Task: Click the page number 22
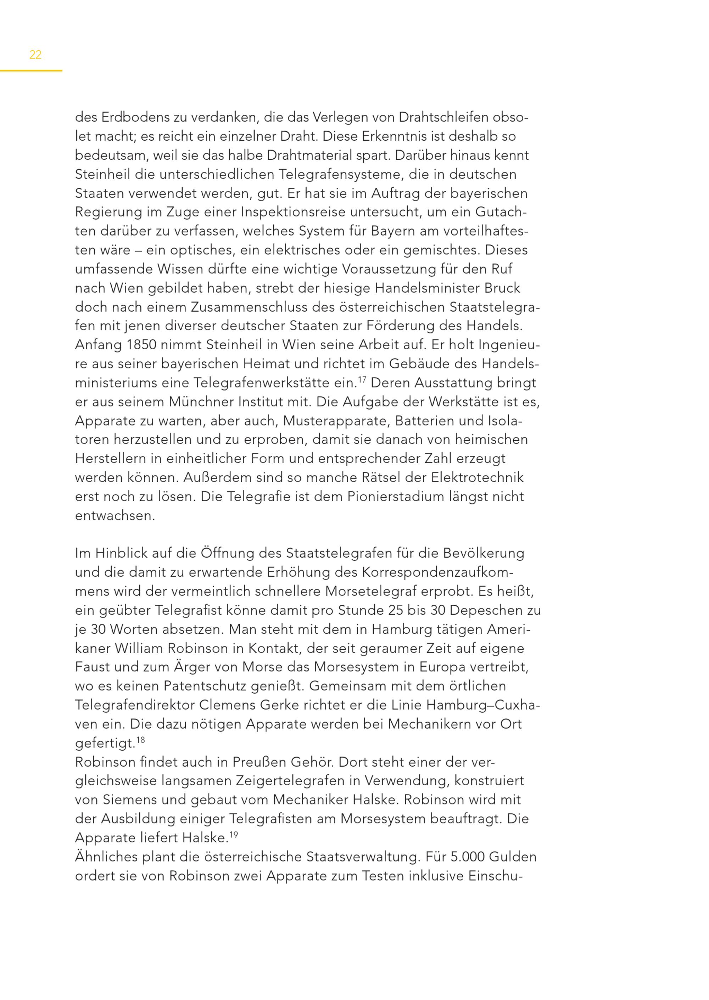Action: (35, 55)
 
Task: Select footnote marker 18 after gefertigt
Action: (140, 740)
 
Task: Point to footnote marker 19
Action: (234, 835)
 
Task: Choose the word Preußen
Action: (259, 762)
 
